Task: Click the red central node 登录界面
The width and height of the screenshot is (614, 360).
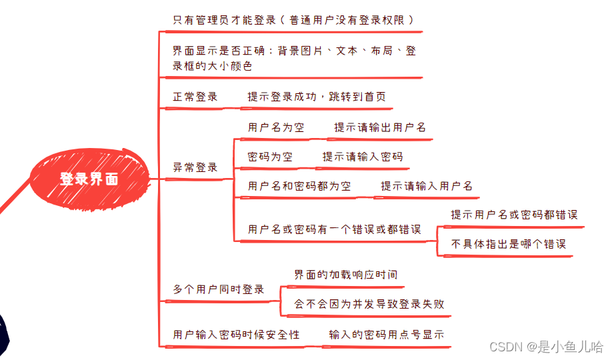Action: click(x=89, y=179)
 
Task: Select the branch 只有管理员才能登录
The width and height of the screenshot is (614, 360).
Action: click(x=293, y=20)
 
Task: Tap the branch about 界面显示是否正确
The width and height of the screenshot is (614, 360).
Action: click(x=293, y=58)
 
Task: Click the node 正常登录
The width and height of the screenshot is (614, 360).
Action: click(x=195, y=97)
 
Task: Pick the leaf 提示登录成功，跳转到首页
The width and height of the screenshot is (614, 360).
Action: click(x=316, y=97)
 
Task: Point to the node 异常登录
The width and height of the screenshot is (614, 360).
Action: click(x=195, y=167)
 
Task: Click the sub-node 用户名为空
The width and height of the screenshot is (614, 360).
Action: click(x=276, y=127)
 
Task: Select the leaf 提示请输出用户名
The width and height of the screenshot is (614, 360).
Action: click(x=379, y=127)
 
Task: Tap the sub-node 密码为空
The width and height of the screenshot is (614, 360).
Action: click(x=270, y=157)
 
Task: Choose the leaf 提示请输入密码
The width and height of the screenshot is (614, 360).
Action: click(x=363, y=157)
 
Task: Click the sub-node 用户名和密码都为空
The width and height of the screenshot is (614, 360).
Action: click(x=299, y=186)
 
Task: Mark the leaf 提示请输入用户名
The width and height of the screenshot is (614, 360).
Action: click(x=427, y=186)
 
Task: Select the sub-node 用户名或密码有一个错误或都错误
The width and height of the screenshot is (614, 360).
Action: click(x=334, y=229)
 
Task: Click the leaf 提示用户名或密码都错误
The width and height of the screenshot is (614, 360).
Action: click(x=514, y=215)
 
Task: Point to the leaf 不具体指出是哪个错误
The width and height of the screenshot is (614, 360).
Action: click(x=509, y=244)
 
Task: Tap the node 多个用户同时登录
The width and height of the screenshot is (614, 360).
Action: click(x=219, y=289)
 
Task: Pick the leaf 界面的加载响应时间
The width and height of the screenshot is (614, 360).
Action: click(x=346, y=275)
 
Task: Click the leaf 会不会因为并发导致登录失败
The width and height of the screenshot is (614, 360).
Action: click(x=369, y=304)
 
